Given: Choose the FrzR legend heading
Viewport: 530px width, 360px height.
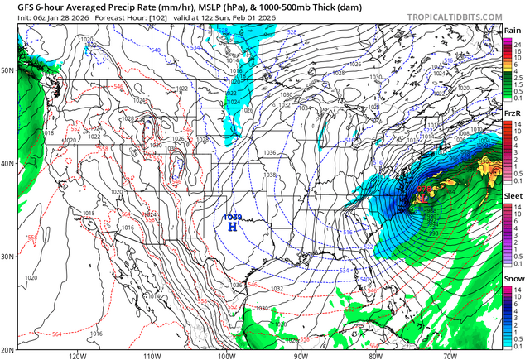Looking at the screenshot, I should [513, 113].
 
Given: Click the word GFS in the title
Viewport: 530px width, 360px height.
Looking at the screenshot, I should [15, 6].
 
